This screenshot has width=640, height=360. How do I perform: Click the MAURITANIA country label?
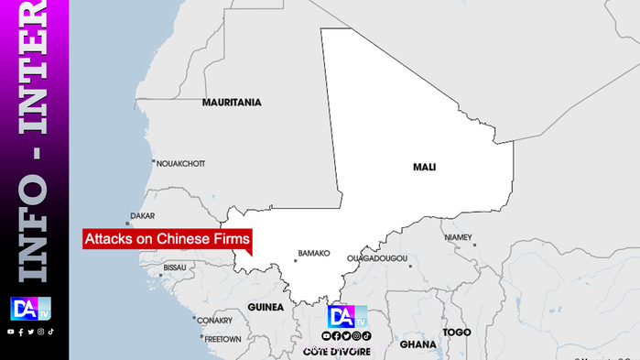pos(232,103)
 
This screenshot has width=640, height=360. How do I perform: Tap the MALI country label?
pos(424,168)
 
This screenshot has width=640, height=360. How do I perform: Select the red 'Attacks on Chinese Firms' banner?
pos(167,239)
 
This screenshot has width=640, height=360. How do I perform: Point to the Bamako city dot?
pos(295,261)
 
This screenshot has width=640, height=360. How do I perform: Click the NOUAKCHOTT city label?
pos(180,164)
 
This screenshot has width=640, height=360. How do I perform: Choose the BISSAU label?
pos(174,267)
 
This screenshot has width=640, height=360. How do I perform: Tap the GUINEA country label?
pos(266,308)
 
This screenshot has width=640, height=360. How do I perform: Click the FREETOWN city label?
pos(222,339)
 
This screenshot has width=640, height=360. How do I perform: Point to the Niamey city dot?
pos(474,245)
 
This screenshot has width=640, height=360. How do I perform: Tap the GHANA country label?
pos(418,345)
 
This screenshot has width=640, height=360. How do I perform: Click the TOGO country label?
pos(456,332)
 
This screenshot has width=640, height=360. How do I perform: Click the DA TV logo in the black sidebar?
pos(30,310)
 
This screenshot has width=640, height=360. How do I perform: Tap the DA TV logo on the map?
pos(347,317)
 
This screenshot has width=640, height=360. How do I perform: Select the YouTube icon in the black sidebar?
pos(10,332)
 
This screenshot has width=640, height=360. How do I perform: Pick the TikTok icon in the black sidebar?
pos(51,332)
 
